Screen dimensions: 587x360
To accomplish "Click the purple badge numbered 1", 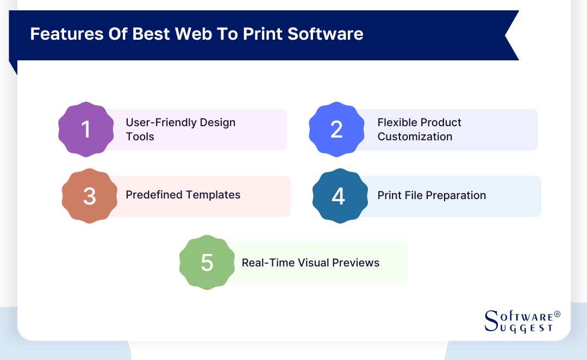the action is [86, 129].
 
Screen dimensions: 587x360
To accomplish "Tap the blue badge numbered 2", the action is [336, 129].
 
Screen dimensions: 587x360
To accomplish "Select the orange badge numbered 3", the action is [90, 196].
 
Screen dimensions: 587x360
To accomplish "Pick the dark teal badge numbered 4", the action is [340, 196].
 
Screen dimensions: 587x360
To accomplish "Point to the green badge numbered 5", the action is [207, 262].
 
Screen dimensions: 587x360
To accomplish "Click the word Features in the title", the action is [67, 34].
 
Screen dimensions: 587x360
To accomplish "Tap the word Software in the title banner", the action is [326, 34].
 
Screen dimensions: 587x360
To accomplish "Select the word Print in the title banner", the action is [263, 34].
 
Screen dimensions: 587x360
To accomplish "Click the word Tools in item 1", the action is [140, 136].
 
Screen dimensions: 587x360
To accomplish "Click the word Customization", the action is [415, 136].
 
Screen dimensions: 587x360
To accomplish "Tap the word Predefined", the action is [154, 195].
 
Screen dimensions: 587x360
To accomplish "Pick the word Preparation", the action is [456, 196].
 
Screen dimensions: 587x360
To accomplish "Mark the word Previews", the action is [355, 263].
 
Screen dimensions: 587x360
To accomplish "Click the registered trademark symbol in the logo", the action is [557, 314].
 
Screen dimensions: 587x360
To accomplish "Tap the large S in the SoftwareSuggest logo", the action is [491, 321].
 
